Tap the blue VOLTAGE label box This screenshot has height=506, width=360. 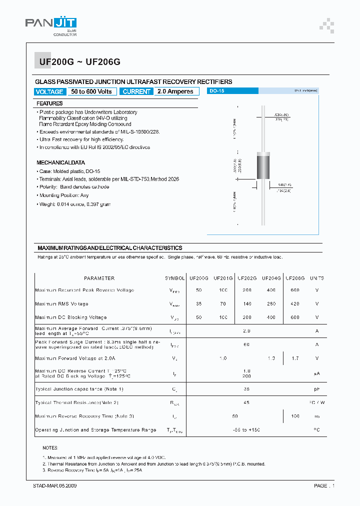pos(49,91)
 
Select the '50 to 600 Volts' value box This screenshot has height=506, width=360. pos(91,91)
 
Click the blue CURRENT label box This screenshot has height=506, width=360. pos(136,91)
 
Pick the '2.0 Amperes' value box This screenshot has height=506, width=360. pos(175,91)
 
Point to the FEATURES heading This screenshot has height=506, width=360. pos(49,103)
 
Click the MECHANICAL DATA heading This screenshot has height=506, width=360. pos(60,162)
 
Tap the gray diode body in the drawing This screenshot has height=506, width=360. pos(263,167)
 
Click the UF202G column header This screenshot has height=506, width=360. pos(247,278)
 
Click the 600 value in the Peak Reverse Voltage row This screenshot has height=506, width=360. pos(295,290)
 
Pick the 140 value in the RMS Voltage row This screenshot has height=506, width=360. pos(247,303)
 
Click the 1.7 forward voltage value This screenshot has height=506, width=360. pos(295,358)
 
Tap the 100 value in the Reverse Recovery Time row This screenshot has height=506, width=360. pos(295,416)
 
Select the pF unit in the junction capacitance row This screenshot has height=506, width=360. pos(316,389)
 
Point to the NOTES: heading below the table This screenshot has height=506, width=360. pos(50,448)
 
